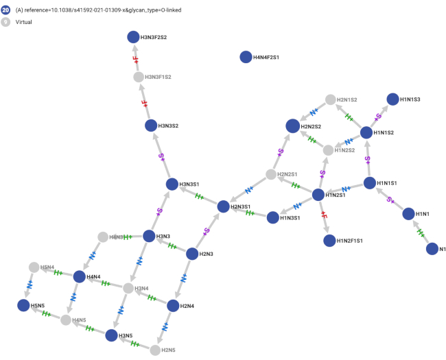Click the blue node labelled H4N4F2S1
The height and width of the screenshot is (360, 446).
245,57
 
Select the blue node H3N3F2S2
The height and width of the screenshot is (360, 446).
132,38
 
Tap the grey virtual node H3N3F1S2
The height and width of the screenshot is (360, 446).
139,77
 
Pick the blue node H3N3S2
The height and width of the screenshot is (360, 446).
151,125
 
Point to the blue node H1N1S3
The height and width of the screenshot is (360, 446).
392,99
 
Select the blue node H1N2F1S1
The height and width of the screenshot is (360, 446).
329,241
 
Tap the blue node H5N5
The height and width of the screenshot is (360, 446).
24,306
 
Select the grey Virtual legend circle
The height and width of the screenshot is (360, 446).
6,22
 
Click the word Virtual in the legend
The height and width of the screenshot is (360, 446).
25,22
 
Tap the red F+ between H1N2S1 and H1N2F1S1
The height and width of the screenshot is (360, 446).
324,217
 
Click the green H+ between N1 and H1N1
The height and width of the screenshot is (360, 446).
421,232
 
